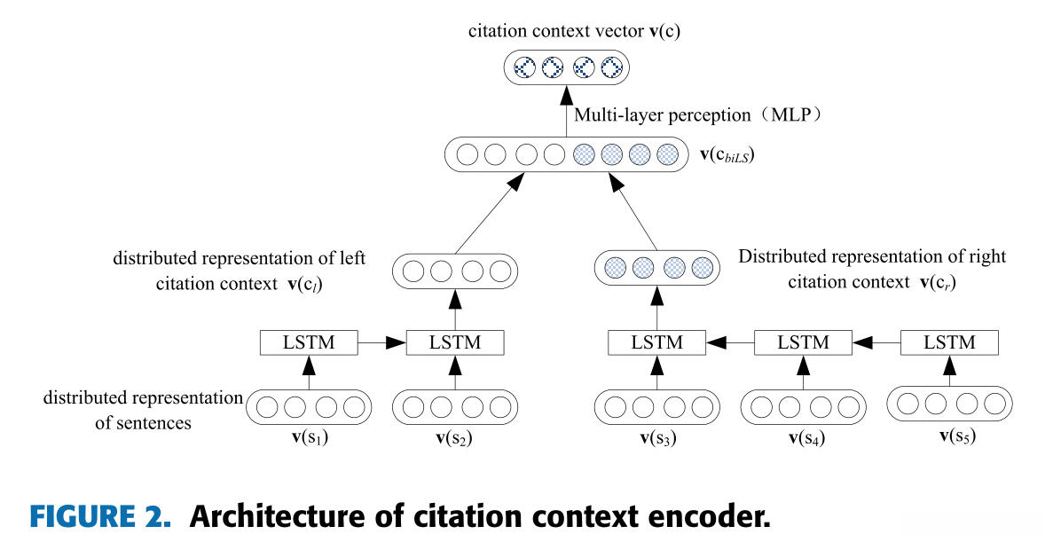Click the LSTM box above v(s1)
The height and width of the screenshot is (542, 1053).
[308, 342]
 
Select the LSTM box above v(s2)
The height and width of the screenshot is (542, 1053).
[455, 342]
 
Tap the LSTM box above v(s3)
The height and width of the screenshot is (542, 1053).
[657, 342]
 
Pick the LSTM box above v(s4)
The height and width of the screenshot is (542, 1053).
[803, 342]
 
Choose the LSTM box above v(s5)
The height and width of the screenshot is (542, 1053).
[949, 342]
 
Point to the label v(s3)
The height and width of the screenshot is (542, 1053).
[657, 437]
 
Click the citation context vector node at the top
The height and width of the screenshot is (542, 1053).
[566, 67]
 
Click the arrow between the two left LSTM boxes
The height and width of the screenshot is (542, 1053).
[381, 342]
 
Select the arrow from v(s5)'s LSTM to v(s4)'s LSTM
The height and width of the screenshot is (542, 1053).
[876, 342]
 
